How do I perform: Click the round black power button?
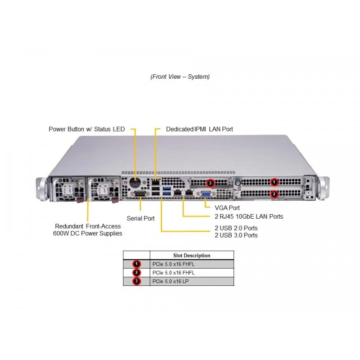(x=135, y=183)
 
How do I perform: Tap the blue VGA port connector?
(x=206, y=194)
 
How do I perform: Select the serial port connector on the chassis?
(x=140, y=194)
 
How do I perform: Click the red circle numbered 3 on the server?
(x=210, y=183)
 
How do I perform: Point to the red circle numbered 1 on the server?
(x=274, y=182)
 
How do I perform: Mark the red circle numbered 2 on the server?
(x=274, y=194)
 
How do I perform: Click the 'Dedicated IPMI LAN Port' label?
(x=199, y=129)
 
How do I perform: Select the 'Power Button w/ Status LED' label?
(x=87, y=129)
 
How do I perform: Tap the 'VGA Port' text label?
(x=227, y=208)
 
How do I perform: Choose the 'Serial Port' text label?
(x=140, y=218)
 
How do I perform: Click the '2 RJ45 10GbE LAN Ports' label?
(x=249, y=216)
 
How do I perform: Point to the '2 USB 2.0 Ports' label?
(x=236, y=228)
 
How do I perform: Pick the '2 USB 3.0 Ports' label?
(x=236, y=235)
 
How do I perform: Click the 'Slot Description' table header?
(x=192, y=256)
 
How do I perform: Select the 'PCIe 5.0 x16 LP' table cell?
(x=171, y=281)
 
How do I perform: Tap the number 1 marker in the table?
(x=137, y=264)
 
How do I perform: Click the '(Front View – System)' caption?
(x=180, y=76)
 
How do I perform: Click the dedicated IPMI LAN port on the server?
(x=156, y=183)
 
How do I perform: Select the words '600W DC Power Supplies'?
(x=87, y=234)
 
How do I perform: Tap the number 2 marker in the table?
(x=137, y=273)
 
